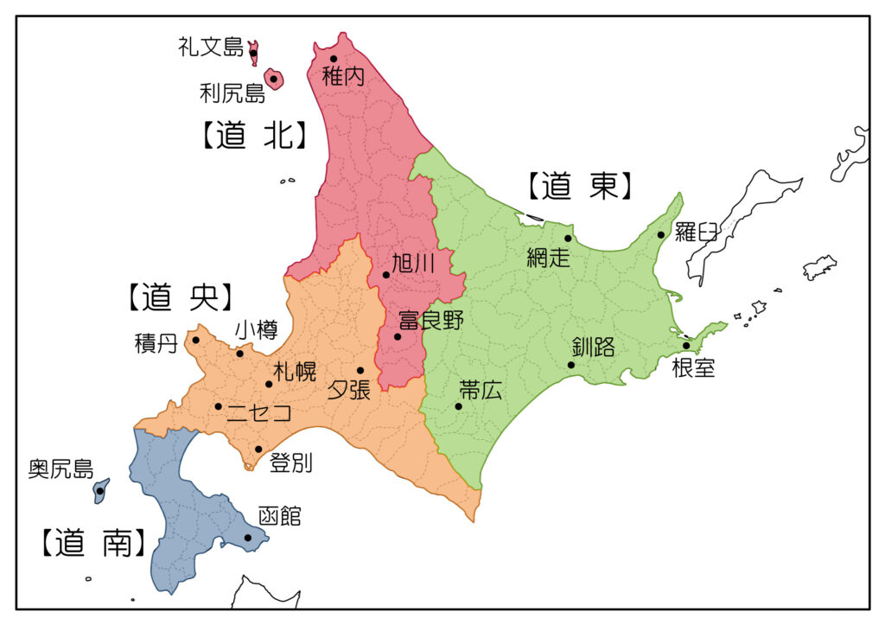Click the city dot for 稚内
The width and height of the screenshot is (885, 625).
tap(333, 59)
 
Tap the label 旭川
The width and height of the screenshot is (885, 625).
tap(413, 264)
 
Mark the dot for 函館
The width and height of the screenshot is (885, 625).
tap(248, 538)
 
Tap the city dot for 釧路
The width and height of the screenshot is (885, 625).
tap(570, 365)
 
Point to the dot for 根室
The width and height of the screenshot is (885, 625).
tap(686, 345)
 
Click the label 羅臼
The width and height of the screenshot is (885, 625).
tap(696, 232)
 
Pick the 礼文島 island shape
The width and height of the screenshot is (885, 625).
tap(253, 53)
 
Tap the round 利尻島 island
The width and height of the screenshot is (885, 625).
tap(273, 80)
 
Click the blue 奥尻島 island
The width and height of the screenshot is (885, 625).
tap(100, 491)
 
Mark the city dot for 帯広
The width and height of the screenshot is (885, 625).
tap(458, 406)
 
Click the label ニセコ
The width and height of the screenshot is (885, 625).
tap(258, 413)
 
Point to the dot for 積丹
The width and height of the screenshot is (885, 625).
tap(196, 340)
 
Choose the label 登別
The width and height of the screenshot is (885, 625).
tap(290, 463)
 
